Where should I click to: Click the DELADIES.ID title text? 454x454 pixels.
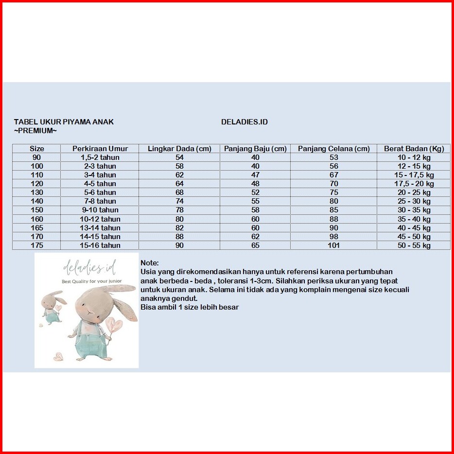[x=244, y=122]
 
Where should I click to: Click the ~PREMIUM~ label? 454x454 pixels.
[x=35, y=131]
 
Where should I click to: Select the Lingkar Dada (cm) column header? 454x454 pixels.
[x=179, y=149]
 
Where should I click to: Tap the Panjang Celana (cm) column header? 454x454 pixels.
[x=333, y=149]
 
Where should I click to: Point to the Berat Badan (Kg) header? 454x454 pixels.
[x=414, y=149]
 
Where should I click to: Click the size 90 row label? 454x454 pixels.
[x=37, y=157]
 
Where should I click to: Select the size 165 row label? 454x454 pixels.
[x=37, y=228]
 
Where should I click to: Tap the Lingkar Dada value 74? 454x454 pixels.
[x=179, y=201]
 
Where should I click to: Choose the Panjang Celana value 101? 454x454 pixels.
[x=333, y=245]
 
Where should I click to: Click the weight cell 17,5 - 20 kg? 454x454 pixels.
[x=414, y=184]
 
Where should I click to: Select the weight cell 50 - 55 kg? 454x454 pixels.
[x=414, y=245]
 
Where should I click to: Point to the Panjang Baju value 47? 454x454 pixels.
[x=255, y=175]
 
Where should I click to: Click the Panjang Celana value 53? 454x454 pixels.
[x=333, y=157]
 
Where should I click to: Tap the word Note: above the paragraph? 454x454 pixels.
[x=149, y=263]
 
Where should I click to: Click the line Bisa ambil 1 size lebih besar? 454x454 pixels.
[x=190, y=307]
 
